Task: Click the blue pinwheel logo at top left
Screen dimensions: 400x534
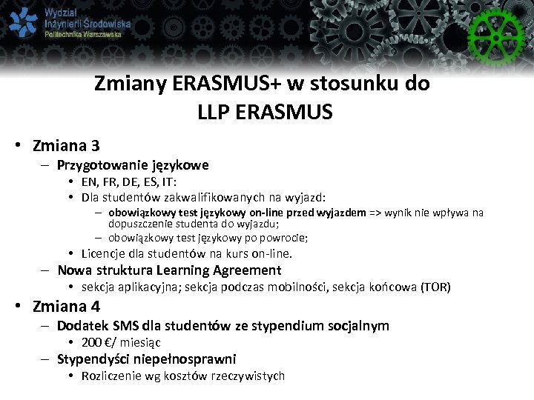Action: click(23, 23)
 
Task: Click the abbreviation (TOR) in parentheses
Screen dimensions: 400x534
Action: click(435, 287)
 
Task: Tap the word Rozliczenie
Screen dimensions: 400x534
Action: click(113, 376)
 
